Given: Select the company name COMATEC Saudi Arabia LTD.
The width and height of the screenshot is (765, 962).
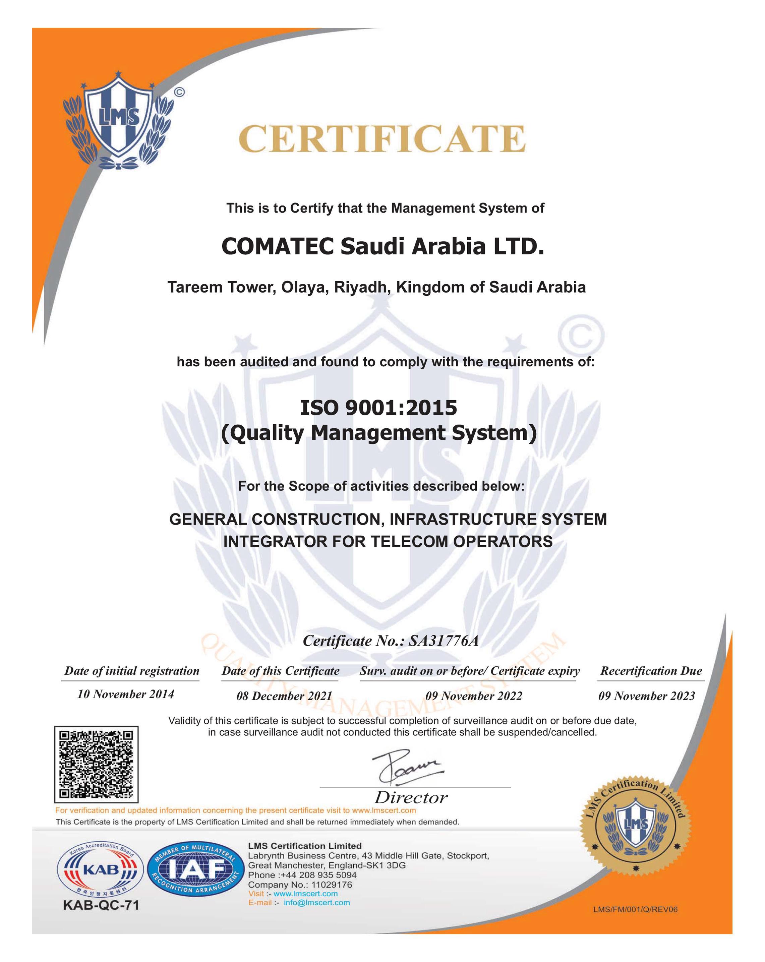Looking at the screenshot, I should pos(382,246).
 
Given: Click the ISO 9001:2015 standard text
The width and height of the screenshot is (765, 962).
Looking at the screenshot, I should pos(378,407).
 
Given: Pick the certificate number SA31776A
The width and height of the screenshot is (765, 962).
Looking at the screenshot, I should pos(443,641).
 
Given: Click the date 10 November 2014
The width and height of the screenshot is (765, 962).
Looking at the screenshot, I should pos(125,694).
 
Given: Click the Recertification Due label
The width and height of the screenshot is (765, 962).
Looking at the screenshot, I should pos(651,671).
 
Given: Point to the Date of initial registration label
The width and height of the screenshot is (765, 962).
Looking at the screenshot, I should pos(132,671).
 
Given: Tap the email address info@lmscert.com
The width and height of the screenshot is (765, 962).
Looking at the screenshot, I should pos(316,903).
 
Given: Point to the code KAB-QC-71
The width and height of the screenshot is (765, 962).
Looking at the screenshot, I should pos(101,905).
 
